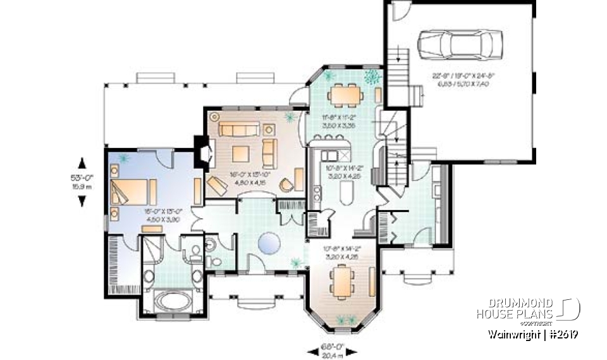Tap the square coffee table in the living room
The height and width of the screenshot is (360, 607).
click(x=240, y=153)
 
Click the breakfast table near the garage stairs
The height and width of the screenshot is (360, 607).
click(x=345, y=96)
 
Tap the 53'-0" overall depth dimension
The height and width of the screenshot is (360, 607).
click(x=81, y=180)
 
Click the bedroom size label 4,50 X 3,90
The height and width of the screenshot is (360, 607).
click(x=132, y=220)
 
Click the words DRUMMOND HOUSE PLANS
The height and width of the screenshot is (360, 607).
click(x=515, y=308)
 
